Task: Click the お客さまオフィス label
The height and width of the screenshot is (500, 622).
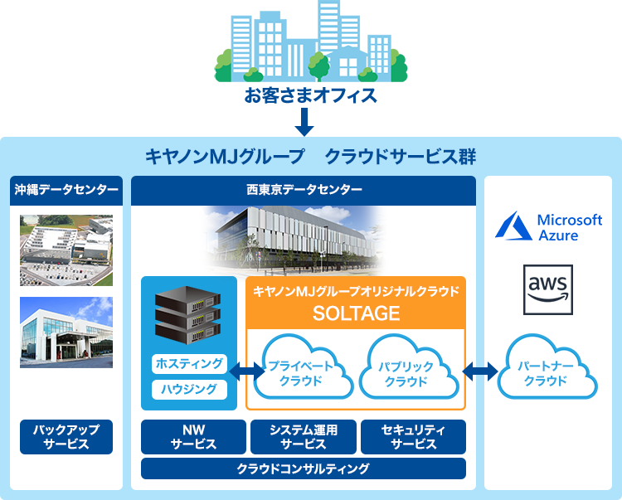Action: pos(311,95)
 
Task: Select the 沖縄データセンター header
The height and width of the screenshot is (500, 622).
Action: pos(66,190)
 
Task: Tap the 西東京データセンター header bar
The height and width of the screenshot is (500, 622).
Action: pos(304,190)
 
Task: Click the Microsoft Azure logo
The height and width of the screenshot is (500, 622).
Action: pos(548,226)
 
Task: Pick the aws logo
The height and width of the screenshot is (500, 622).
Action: pos(548,289)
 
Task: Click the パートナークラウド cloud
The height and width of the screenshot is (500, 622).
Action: pos(547,373)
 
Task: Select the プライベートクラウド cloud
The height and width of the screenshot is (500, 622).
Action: pos(301,373)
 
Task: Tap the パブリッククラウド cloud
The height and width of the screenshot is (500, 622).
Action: pos(406,373)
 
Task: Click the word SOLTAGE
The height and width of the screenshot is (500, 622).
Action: pos(356,313)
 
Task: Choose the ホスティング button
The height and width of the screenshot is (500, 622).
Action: pos(189,363)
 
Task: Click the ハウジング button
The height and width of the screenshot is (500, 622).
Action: pos(189,389)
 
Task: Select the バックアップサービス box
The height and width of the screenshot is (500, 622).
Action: pos(66,437)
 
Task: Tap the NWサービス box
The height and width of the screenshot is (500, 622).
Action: pos(193,437)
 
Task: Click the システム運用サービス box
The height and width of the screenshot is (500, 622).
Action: pos(303,437)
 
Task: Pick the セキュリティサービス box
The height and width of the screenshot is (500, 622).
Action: pos(413,437)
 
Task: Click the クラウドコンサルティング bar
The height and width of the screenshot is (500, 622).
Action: pos(303,468)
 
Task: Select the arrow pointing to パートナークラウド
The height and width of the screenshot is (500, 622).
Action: pos(481,371)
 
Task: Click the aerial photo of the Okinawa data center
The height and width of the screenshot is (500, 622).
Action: pos(66,250)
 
